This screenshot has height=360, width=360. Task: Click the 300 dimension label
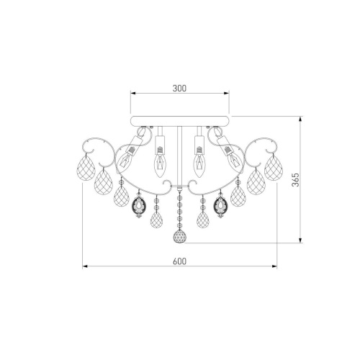coord(179,89)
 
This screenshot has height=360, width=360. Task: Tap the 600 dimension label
coord(179,261)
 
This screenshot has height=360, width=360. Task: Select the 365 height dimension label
coord(296,179)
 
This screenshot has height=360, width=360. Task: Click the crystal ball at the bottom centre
coord(180,236)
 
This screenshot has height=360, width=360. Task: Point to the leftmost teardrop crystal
coord(86,168)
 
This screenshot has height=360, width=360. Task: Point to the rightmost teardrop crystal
coord(274,168)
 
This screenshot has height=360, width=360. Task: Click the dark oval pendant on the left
coord(139,205)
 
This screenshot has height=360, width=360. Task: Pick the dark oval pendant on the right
coord(220,205)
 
